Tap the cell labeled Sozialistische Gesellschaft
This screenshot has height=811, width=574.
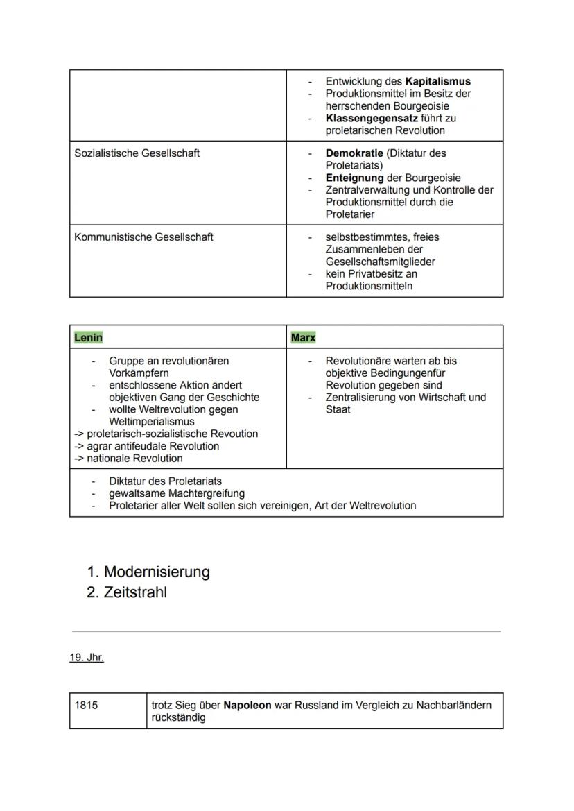click(x=137, y=153)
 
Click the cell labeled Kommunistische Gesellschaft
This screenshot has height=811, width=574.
click(x=143, y=237)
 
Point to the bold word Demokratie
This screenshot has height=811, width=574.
click(x=354, y=153)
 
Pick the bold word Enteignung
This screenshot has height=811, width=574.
click(x=354, y=178)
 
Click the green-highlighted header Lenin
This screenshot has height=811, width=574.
click(x=88, y=338)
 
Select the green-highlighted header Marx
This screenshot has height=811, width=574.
click(x=303, y=338)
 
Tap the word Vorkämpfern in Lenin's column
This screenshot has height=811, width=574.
click(x=139, y=373)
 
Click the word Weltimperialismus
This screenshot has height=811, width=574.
click(x=151, y=422)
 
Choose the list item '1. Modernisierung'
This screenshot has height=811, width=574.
click(x=148, y=572)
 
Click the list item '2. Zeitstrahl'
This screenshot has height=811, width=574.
click(x=127, y=593)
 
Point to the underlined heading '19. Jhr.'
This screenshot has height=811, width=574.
click(x=86, y=658)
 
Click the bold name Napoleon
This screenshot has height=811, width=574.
click(x=247, y=706)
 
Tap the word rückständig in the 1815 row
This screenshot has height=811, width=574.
click(x=178, y=718)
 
